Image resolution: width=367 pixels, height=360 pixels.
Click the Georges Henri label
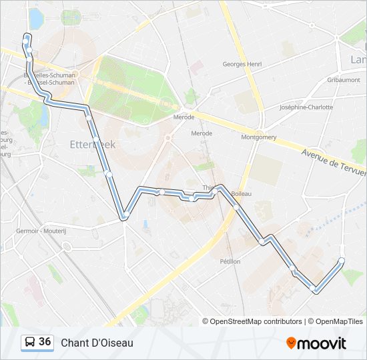242,64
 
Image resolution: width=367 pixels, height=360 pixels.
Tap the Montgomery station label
259,137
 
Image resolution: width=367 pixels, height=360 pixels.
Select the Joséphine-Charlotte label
306,107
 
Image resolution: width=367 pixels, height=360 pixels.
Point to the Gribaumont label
344,79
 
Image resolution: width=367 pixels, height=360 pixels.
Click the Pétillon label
230,261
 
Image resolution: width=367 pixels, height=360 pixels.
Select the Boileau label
241,193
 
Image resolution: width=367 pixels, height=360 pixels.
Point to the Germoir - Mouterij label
37,231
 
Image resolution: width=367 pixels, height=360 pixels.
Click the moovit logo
316,343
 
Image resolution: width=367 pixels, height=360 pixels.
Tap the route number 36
45,342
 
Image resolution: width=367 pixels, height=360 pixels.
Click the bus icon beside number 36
30,342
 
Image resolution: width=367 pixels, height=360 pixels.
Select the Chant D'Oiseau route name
97,343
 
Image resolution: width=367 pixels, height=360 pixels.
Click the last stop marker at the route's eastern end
342,260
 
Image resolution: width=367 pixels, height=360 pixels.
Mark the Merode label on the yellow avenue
183,117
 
